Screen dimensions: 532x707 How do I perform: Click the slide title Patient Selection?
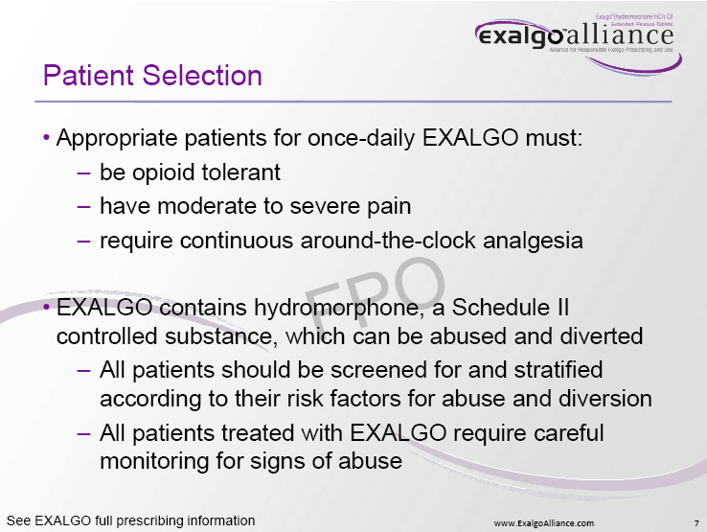pos(153,76)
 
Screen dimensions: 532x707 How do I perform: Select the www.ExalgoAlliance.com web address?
pos(543,522)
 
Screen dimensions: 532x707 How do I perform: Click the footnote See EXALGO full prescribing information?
pos(130,520)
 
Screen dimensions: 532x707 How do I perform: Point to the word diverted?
pos(602,337)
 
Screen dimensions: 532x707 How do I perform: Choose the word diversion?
pos(605,398)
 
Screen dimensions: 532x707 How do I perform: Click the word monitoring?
pos(155,460)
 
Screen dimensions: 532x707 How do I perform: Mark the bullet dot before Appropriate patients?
pos(46,139)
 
